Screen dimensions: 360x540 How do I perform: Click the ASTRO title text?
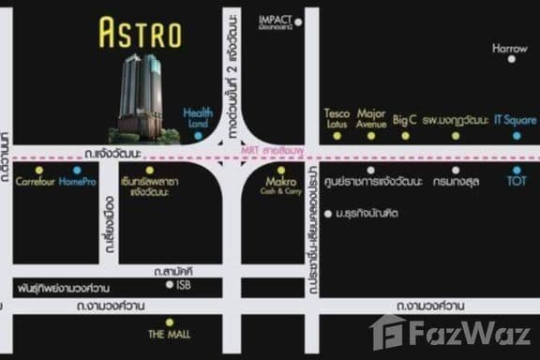(140, 34)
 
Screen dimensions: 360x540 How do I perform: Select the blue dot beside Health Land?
(198, 136)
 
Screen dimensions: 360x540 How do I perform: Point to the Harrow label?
(510, 47)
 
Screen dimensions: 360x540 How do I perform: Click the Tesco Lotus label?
(337, 118)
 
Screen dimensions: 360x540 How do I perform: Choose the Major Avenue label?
(371, 118)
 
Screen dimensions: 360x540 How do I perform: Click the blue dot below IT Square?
(517, 136)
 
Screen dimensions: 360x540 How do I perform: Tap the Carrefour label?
(37, 181)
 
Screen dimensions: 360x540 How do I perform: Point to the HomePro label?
(76, 181)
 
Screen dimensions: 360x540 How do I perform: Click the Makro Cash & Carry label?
(280, 186)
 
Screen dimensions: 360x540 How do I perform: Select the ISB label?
(185, 286)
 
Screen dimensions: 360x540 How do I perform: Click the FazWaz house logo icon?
(388, 331)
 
